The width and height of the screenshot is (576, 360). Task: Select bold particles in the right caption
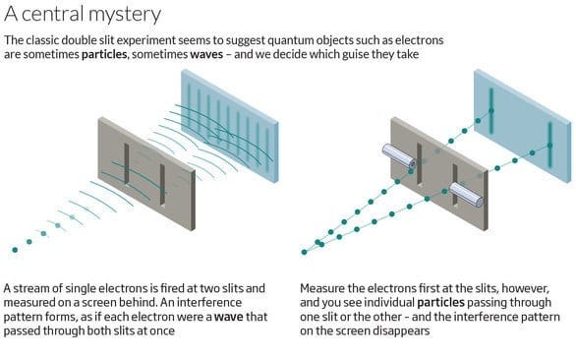[x=441, y=304]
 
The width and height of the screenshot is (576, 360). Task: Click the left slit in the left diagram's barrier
[x=126, y=161]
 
